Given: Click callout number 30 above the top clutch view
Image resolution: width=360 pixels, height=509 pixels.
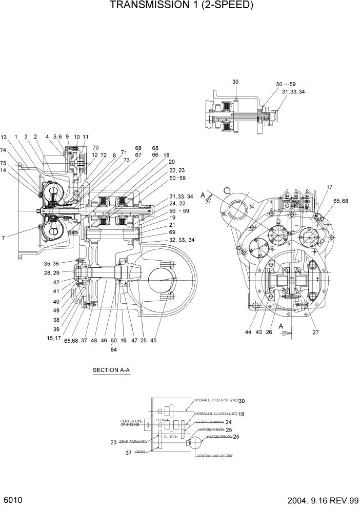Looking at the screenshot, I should click(235, 82).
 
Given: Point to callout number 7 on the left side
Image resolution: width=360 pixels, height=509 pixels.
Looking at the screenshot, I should click(4, 239).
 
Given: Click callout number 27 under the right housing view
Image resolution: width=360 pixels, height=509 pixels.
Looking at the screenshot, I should click(316, 332).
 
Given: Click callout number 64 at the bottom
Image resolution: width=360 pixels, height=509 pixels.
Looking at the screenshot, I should click(114, 350).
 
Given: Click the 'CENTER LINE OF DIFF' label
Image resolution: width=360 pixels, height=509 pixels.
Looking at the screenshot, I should click(214, 456).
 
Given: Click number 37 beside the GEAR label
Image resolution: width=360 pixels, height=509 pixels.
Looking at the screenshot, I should click(130, 453).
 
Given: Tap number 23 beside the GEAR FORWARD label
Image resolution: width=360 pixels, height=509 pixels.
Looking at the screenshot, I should click(113, 442).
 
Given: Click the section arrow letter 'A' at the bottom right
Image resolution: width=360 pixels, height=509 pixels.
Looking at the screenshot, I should click(281, 326).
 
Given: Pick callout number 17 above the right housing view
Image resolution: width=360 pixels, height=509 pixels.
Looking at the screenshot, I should click(329, 187).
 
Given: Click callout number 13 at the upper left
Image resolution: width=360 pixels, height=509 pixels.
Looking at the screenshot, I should click(4, 137).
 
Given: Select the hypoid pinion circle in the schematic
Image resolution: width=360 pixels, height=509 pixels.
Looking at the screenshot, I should click(195, 442).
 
